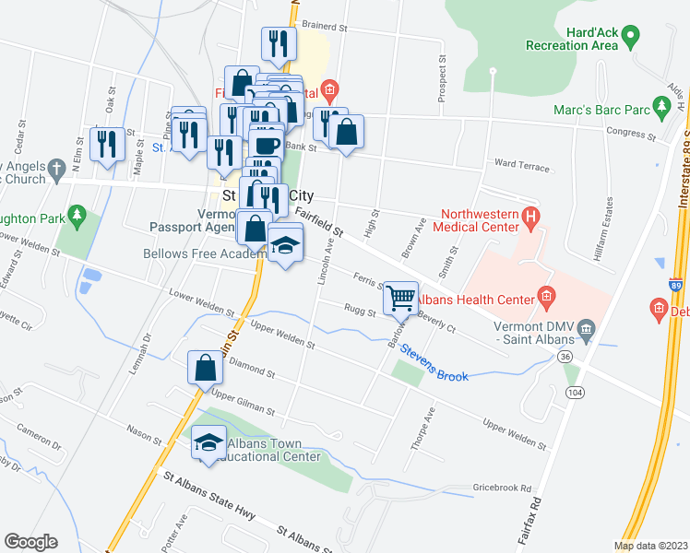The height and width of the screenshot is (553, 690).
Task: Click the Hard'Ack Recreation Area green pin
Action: click(x=631, y=37)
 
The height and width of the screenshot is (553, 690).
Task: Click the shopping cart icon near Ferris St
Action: click(x=400, y=298)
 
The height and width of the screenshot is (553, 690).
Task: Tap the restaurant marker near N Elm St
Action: click(x=109, y=143)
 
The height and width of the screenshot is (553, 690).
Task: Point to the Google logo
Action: click(x=30, y=542)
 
